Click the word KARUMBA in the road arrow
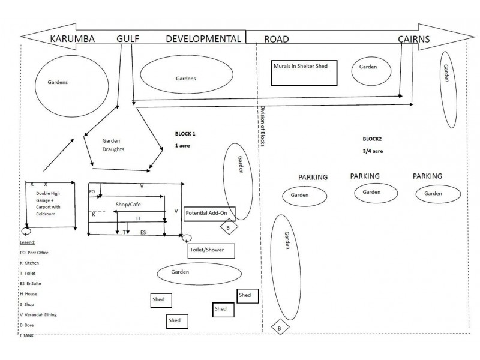(x=72, y=39)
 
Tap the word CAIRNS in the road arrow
(x=414, y=39)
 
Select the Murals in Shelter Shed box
(x=304, y=73)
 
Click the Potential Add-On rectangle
(x=209, y=214)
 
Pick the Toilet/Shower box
(x=211, y=251)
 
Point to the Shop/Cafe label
(x=128, y=205)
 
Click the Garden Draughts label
(x=113, y=145)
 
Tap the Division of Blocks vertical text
(x=263, y=126)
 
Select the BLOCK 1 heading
(x=185, y=134)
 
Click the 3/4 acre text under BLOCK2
(x=373, y=151)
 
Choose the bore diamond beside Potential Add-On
(x=229, y=227)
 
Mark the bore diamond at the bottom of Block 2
(x=280, y=327)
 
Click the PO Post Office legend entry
(x=34, y=253)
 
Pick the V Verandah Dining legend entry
(x=38, y=314)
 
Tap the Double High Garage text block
(x=48, y=203)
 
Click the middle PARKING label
(x=365, y=176)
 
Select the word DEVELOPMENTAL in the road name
(x=203, y=39)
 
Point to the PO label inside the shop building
(x=92, y=191)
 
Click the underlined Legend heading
(x=28, y=242)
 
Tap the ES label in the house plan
(x=143, y=232)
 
